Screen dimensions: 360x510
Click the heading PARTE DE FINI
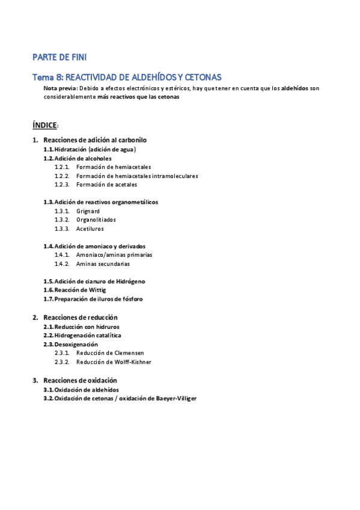tap(59, 58)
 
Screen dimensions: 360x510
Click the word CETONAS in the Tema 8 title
tap(203, 77)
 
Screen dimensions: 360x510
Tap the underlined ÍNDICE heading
tap(44, 125)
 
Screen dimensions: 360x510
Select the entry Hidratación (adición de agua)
tap(95, 149)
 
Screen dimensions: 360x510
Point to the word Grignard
tap(88, 211)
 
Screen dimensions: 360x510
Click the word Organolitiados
tap(96, 220)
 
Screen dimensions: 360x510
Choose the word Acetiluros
tap(90, 229)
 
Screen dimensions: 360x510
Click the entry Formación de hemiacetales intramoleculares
tap(137, 176)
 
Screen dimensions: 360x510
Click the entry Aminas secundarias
tap(103, 263)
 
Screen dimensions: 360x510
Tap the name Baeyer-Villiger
tap(176, 398)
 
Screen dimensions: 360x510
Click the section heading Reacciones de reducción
tap(81, 317)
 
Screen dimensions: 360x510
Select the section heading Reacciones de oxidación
tap(81, 380)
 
